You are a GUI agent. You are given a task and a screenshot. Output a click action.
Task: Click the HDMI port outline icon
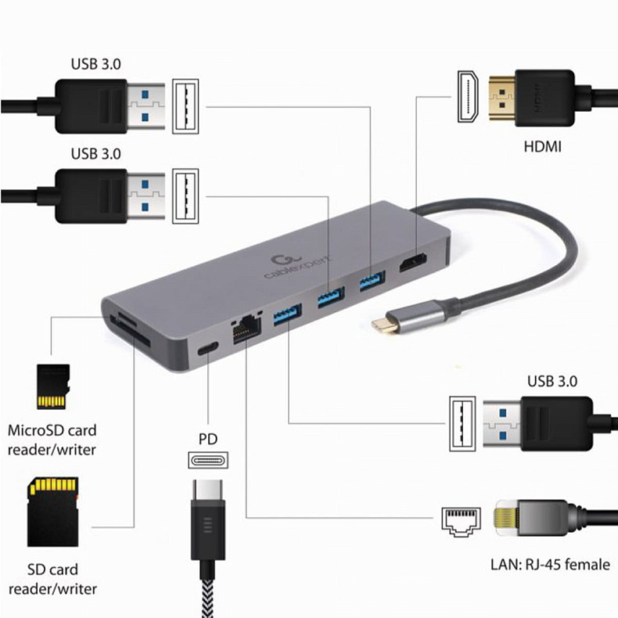pos(468,99)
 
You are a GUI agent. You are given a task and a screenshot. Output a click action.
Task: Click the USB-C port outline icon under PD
pos(208,460)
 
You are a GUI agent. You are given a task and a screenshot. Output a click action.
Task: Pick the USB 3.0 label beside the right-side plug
pos(552,382)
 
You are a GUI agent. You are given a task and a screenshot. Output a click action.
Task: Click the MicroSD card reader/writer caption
pos(52,440)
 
